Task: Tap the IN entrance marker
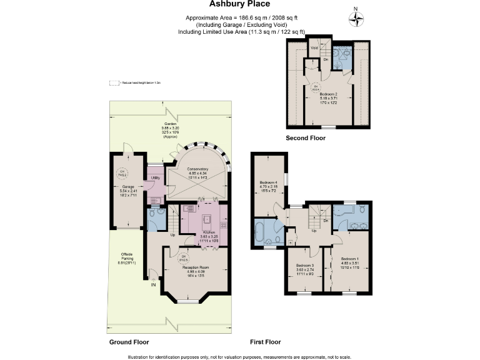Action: [x=153, y=285]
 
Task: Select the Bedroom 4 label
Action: [x=269, y=183]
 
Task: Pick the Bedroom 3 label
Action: [x=305, y=265]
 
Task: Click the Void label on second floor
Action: [x=314, y=47]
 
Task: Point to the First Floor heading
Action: [x=265, y=342]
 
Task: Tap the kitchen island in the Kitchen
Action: [x=206, y=219]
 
